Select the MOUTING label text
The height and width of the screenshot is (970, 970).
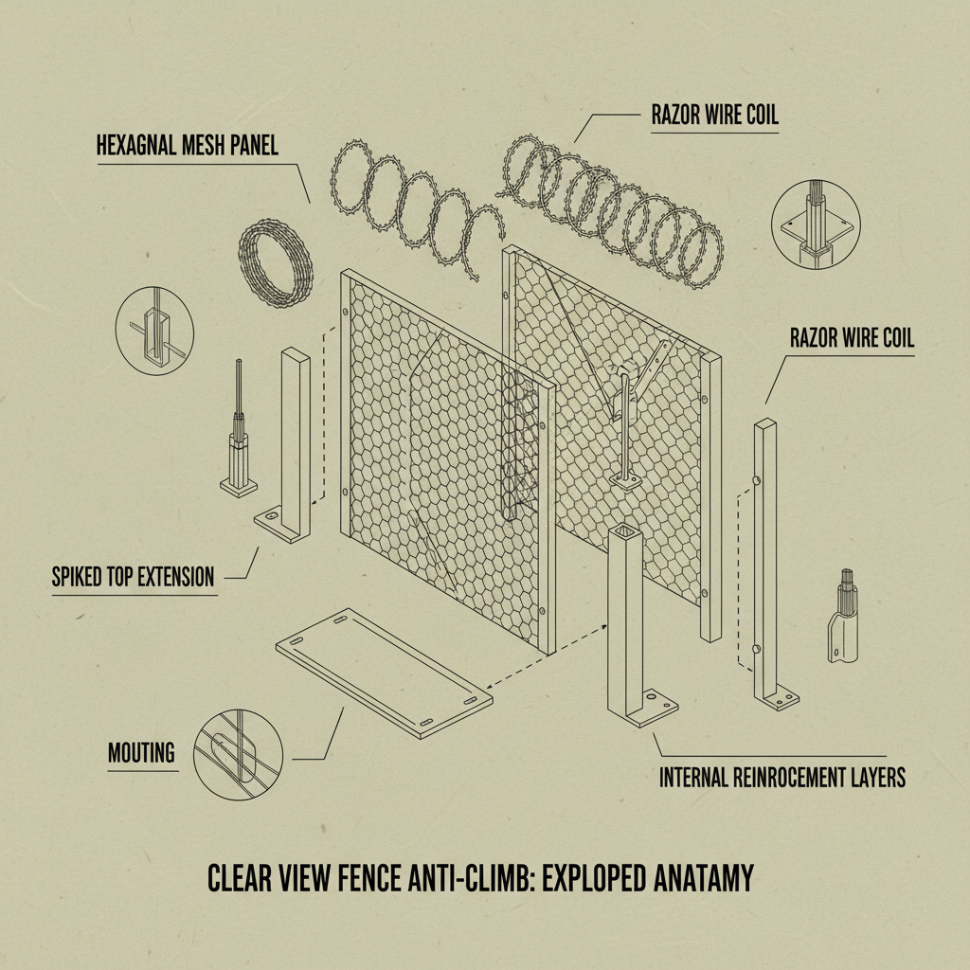[x=141, y=753]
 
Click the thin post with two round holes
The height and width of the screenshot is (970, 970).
[x=765, y=559]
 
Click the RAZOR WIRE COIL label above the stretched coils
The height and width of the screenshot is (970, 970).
[x=714, y=116]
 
